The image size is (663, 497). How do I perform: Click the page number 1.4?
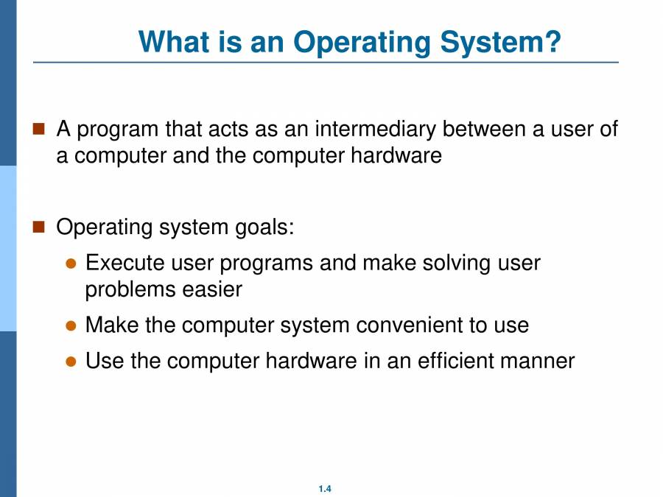pos(325,489)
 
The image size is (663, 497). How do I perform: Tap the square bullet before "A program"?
pos(39,130)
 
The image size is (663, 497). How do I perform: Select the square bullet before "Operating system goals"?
pos(39,226)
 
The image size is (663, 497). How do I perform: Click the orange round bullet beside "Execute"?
pos(71,264)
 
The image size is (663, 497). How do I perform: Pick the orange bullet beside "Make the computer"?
pos(71,325)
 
